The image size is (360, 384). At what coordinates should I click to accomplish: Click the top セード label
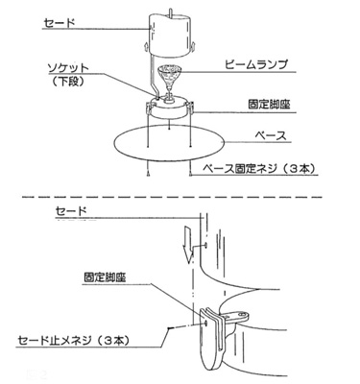point(60,23)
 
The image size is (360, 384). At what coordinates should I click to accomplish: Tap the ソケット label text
point(67,68)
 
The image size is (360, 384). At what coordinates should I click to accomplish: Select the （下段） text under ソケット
point(68,82)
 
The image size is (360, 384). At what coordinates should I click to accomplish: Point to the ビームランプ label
point(255,64)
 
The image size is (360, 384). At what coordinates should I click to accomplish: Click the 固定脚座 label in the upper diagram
point(269,105)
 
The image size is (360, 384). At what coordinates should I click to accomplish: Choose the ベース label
point(271,136)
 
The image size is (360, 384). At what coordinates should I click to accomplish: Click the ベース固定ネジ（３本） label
point(259,168)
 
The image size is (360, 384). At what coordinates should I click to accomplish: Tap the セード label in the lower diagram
point(71,211)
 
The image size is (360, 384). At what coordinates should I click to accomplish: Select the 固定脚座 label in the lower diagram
point(105,277)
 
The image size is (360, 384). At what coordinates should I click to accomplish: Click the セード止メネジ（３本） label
point(73,340)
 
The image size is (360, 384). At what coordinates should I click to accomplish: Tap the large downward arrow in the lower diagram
point(187,243)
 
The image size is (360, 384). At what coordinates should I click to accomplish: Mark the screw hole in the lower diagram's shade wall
point(204,245)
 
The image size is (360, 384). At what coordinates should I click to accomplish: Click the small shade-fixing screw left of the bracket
point(170,328)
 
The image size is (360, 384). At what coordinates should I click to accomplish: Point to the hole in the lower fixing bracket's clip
point(206,323)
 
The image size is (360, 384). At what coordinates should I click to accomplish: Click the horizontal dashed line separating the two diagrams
point(172,197)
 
